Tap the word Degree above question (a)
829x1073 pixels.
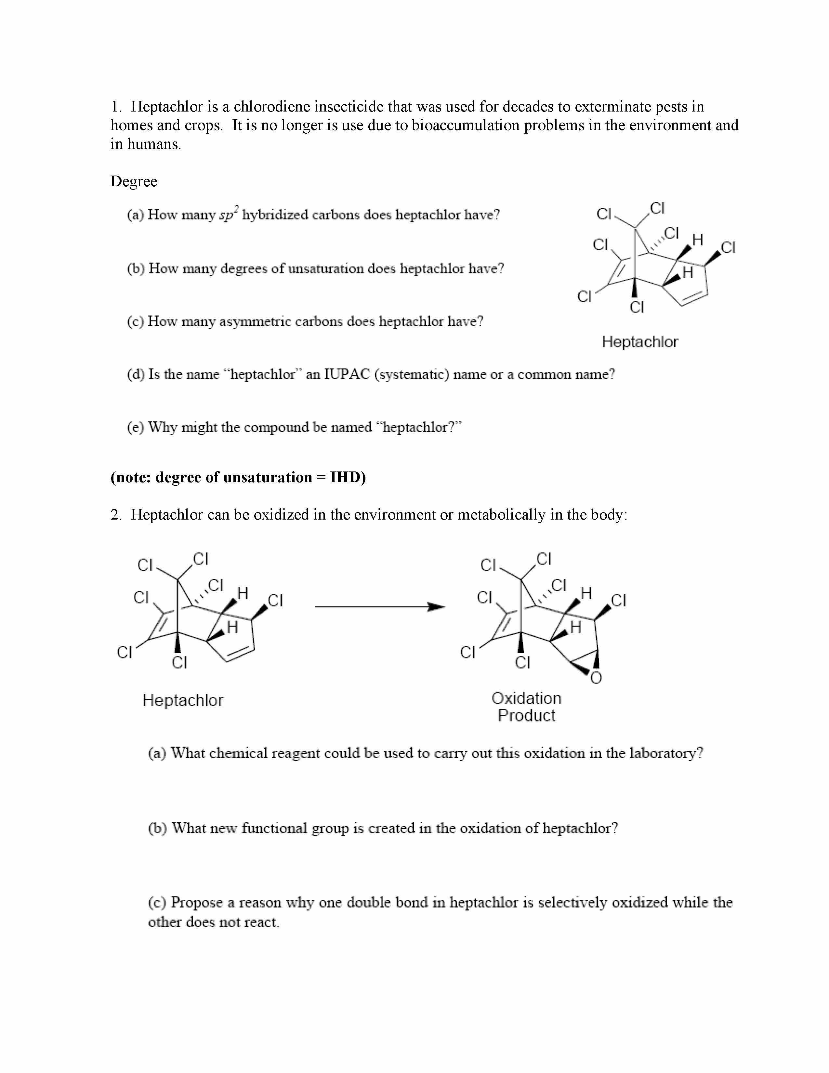click(134, 181)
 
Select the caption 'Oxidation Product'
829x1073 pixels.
click(526, 707)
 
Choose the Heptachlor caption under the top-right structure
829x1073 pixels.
click(639, 342)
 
